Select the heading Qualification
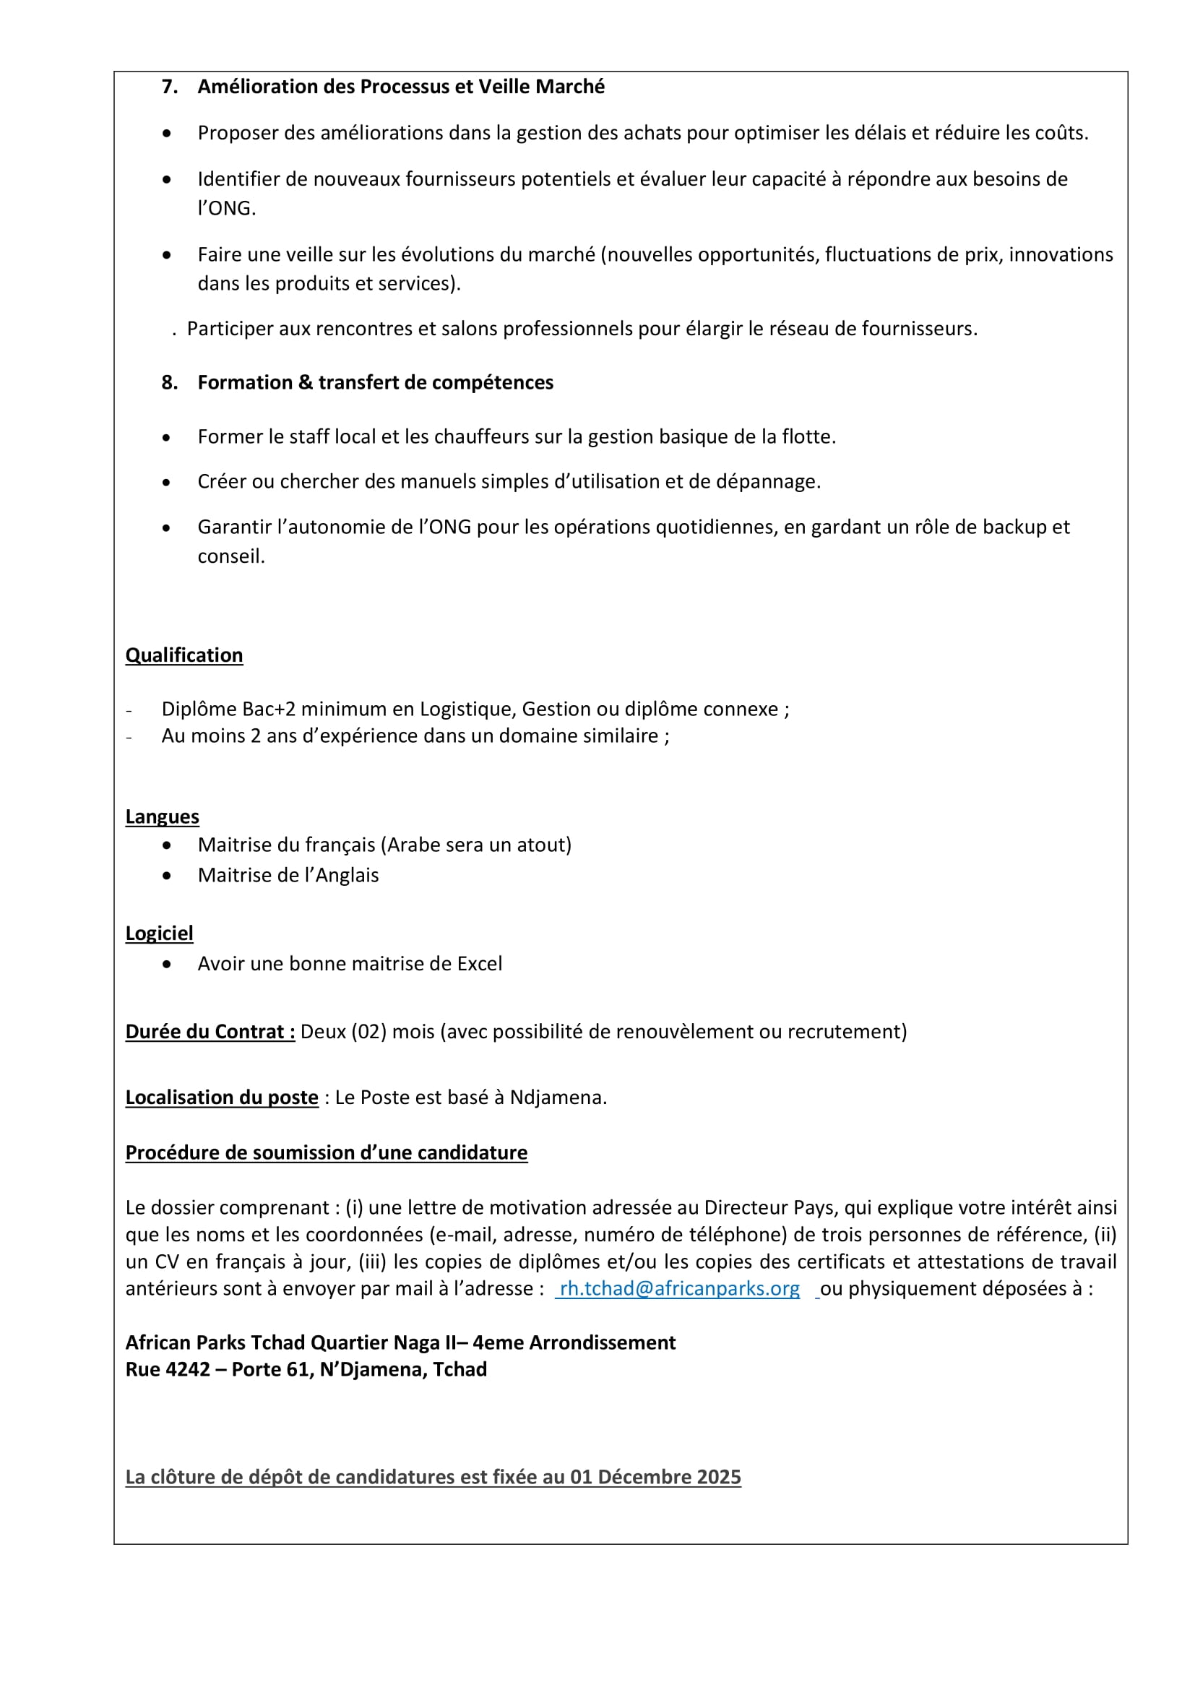point(184,655)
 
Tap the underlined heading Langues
point(162,817)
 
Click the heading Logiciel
point(159,934)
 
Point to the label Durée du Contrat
point(210,1032)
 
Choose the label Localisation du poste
point(222,1098)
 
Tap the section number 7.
point(169,87)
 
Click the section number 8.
point(169,383)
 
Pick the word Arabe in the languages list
point(414,845)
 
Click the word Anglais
point(347,875)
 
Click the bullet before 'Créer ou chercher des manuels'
point(167,483)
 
